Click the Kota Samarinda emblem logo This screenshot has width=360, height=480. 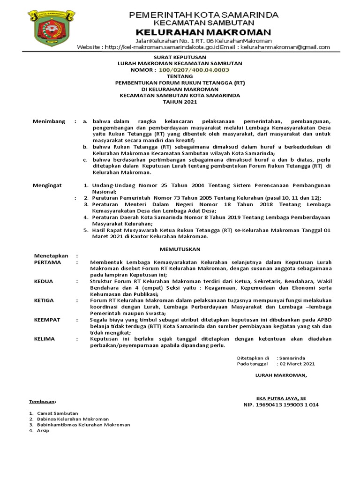click(52, 29)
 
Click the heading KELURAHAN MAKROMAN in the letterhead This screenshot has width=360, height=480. click(203, 32)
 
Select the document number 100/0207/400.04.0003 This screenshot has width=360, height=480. click(194, 69)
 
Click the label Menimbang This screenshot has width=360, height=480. click(49, 121)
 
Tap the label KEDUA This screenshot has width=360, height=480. click(44, 281)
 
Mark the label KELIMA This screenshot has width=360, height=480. click(45, 339)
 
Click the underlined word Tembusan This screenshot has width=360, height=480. click(42, 402)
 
